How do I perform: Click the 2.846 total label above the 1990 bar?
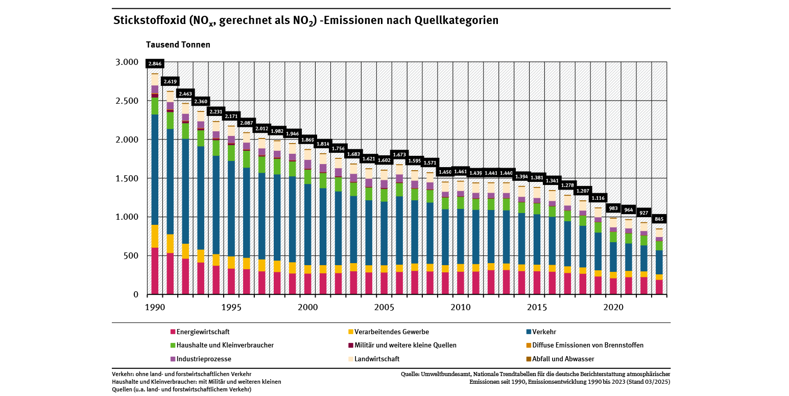pyautogui.click(x=155, y=64)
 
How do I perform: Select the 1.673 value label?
pyautogui.click(x=399, y=154)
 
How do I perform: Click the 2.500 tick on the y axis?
pyautogui.click(x=128, y=101)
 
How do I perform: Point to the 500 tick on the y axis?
pyautogui.click(x=131, y=255)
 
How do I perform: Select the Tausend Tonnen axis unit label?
pyautogui.click(x=178, y=44)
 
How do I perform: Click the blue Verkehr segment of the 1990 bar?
pyautogui.click(x=155, y=169)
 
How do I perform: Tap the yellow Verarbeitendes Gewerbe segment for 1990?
pyautogui.click(x=155, y=236)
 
